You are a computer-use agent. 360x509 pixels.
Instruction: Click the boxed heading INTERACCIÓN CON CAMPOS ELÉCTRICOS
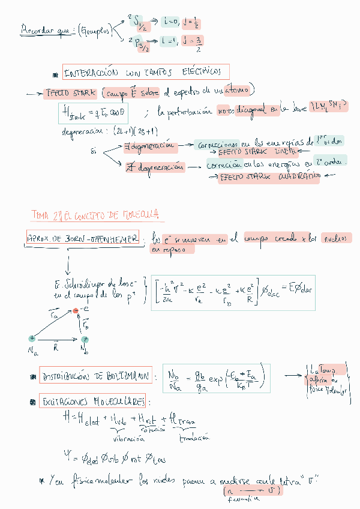click(145, 73)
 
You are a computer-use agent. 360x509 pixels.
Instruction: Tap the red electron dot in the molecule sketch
click(76, 311)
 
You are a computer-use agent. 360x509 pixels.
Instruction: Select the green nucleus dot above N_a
click(32, 339)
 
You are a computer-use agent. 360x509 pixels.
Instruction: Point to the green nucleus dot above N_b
click(85, 340)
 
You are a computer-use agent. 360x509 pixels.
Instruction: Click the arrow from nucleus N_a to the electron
click(53, 325)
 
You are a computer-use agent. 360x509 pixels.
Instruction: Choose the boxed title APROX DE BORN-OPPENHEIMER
click(83, 238)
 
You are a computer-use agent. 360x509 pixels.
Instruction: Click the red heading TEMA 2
click(98, 215)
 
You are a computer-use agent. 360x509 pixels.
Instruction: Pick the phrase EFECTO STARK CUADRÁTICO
click(269, 177)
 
